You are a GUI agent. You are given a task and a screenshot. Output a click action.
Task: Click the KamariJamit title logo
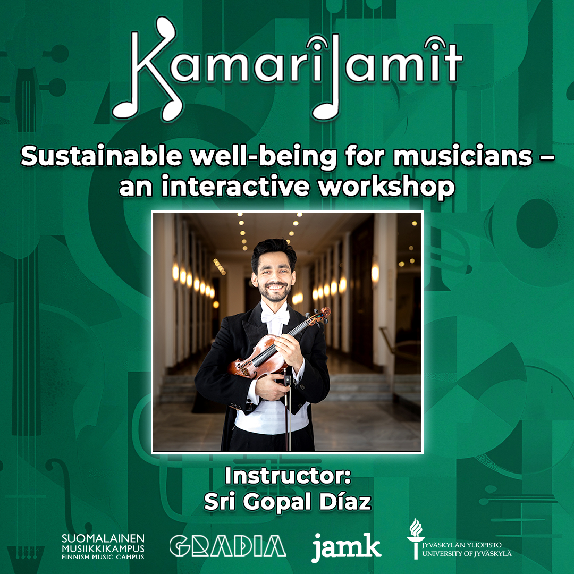(x=287, y=70)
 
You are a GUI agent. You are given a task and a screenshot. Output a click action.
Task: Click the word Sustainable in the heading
(x=102, y=156)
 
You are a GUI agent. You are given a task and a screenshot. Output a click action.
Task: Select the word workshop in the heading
(x=386, y=186)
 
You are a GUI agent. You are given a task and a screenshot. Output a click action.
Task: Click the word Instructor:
(x=288, y=476)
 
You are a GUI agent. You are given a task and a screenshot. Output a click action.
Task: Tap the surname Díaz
(x=345, y=501)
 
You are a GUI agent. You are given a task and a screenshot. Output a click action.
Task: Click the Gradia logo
(x=227, y=546)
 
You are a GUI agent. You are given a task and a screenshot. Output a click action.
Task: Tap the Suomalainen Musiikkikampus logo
(x=103, y=546)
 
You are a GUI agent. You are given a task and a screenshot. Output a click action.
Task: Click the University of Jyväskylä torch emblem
(x=416, y=538)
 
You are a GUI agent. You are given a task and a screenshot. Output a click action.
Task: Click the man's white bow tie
(x=275, y=317)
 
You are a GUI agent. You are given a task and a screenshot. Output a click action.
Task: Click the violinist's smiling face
(x=274, y=279)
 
